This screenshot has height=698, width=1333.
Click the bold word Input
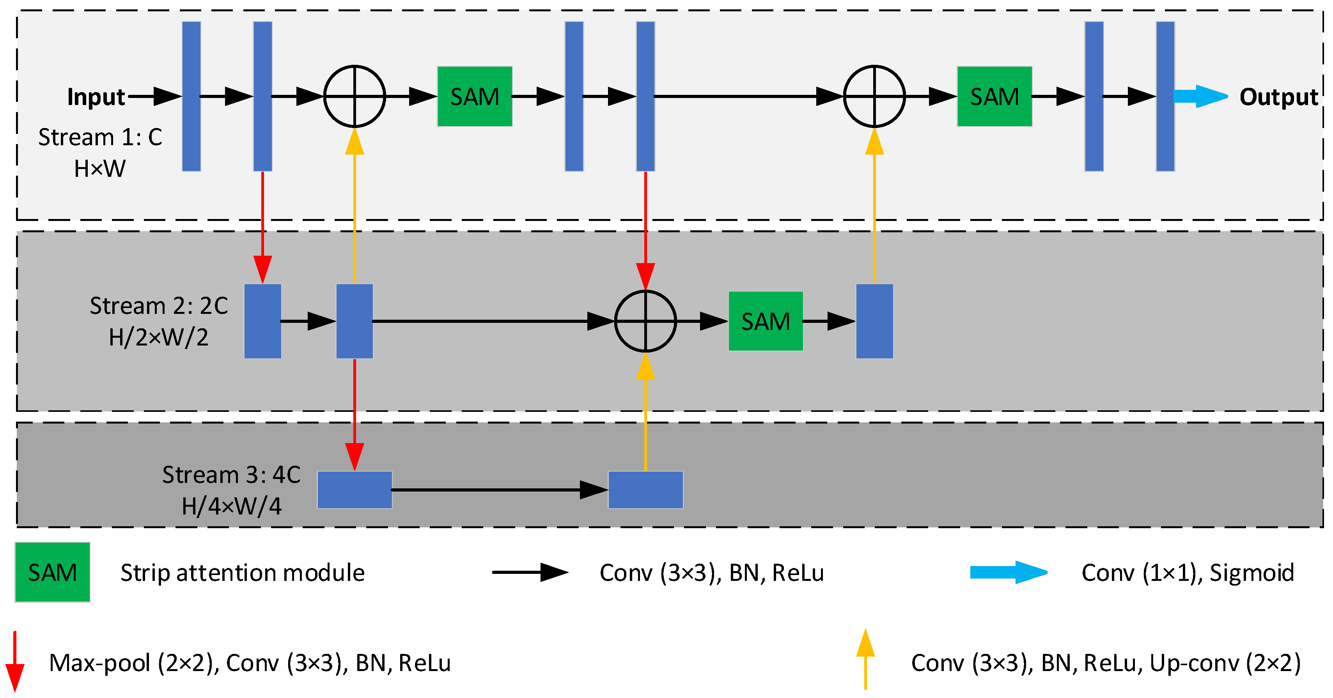pos(96,97)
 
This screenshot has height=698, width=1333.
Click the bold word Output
pos(1278,97)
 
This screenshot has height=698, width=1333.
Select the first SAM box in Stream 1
pos(475,97)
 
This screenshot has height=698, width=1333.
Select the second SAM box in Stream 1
pos(994,97)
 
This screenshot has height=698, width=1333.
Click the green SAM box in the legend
pos(52,572)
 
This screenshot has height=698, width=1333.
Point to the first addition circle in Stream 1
pos(355,96)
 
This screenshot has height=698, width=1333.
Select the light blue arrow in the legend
pos(1008,572)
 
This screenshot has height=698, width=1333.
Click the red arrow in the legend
pos(15,661)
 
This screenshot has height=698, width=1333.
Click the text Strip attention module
pos(243,573)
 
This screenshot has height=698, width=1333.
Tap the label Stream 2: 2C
pos(159,306)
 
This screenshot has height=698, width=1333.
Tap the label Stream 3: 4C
pos(231,474)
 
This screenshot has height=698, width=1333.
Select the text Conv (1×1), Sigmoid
pos(1188,573)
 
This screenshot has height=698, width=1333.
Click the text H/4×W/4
pos(231,506)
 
